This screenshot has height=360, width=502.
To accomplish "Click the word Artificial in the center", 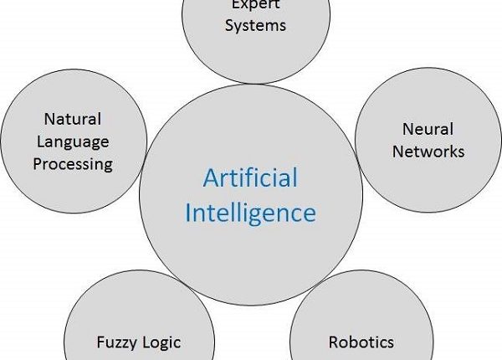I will point(250,179).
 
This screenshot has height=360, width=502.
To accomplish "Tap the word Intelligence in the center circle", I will point(250,212).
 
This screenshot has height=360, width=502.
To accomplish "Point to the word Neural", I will point(428,129).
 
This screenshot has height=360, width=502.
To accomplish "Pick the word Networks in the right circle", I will point(428,152).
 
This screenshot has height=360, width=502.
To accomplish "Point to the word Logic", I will point(161,342).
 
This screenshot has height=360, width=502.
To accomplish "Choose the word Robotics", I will point(361,342).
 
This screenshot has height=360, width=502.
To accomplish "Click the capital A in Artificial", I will point(209,178).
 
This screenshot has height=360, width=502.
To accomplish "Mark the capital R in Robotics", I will point(333,342).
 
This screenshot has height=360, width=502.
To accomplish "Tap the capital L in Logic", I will point(146,342).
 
